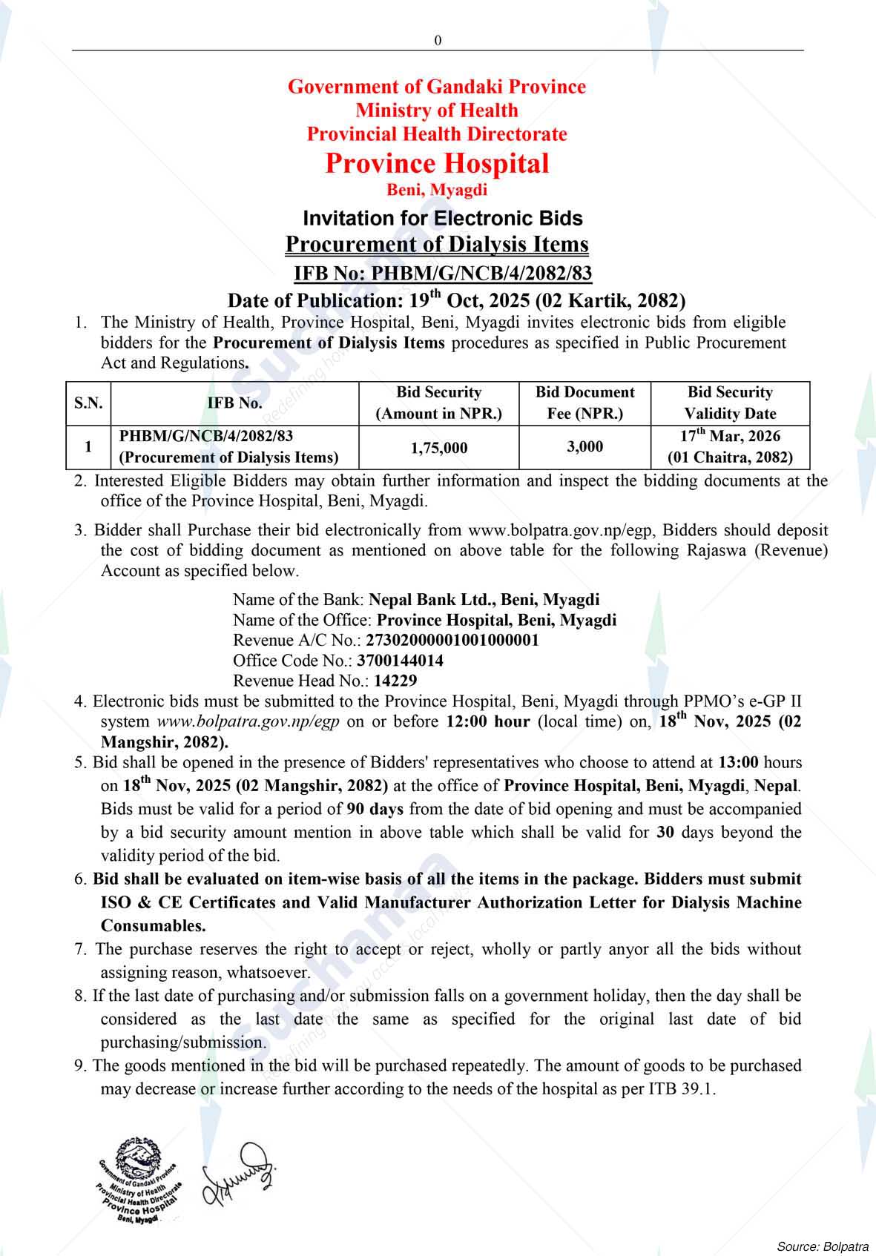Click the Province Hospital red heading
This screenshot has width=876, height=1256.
[x=437, y=163]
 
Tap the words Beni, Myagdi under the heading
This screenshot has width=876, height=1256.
[x=437, y=190]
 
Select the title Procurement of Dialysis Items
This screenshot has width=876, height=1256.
[x=437, y=244]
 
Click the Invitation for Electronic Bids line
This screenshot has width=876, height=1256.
[x=442, y=218]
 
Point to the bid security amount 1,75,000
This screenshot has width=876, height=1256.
[x=439, y=447]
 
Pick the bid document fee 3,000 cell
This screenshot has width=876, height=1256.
[x=584, y=446]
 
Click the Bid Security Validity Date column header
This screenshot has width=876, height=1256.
[x=730, y=403]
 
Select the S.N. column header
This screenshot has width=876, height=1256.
[x=88, y=403]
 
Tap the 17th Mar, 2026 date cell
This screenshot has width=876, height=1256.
[x=730, y=437]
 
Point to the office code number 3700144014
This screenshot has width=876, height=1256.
[x=400, y=660]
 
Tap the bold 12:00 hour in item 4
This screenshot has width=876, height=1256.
[x=487, y=721]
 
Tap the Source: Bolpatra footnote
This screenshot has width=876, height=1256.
[x=822, y=1246]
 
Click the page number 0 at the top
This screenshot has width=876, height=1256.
[x=438, y=40]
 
